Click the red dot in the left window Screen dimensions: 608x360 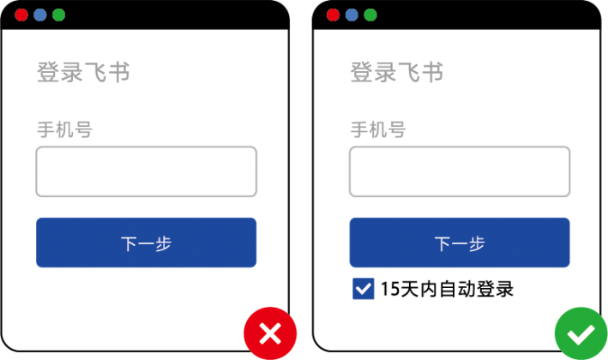pos(21,15)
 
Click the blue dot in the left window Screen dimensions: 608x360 pos(40,15)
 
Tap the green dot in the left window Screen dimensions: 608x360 pos(58,15)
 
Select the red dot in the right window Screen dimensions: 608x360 pos(333,15)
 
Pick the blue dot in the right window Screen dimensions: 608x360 pos(352,15)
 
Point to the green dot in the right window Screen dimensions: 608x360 pos(370,15)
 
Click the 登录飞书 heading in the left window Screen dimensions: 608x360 pos(83,72)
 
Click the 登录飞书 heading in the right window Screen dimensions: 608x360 pos(397,72)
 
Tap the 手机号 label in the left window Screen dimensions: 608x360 pos(65,129)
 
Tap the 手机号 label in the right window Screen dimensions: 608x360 pos(378,129)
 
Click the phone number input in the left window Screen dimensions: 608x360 pos(146,171)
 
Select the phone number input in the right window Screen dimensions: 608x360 pos(460,171)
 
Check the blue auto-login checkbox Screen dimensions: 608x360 pos(364,289)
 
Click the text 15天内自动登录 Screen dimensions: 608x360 pos(447,289)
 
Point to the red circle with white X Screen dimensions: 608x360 pos(270,333)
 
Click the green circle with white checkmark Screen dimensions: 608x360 pos(581,333)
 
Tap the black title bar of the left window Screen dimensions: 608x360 pos(155,15)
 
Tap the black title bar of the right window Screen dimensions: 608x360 pos(466,15)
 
